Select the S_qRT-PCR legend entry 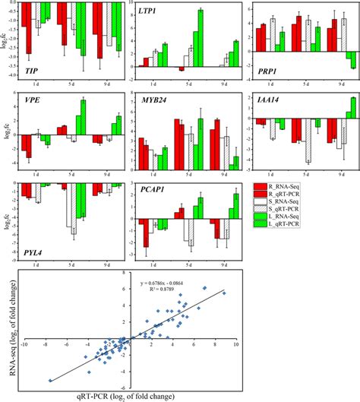coord(298,214)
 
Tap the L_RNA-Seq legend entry coord(298,224)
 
